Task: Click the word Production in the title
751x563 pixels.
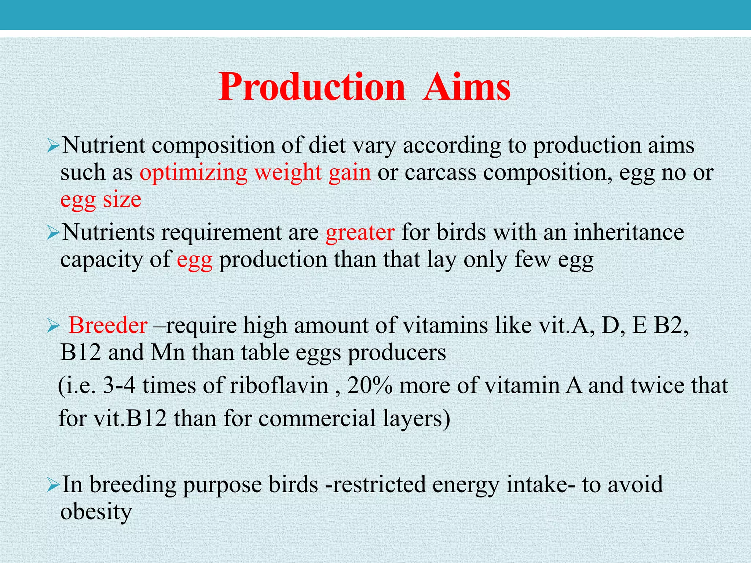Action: (312, 87)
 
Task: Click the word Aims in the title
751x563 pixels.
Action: (466, 87)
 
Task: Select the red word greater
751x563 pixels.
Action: (360, 232)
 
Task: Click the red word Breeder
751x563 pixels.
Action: (108, 325)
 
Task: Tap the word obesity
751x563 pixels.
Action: (96, 512)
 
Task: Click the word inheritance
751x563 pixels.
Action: (629, 232)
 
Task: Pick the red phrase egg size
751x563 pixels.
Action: (101, 200)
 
